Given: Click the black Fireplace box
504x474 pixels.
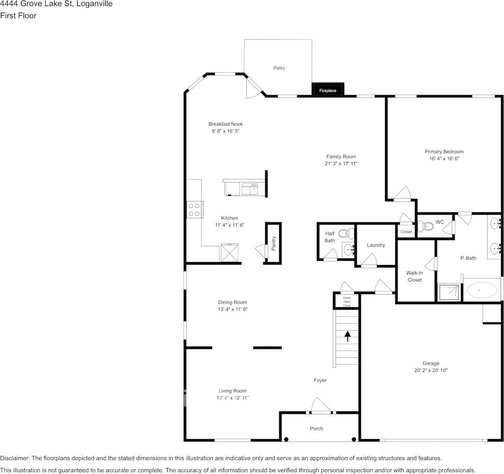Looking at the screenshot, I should pos(328,90).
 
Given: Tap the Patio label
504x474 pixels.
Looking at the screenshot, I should pos(279,68).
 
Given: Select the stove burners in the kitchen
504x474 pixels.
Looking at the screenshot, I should pos(194,209).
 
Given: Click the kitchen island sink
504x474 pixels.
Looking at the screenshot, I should pos(249,189).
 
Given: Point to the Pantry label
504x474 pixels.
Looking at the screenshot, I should pos(273,243).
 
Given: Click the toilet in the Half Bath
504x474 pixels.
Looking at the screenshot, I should pos(346,233).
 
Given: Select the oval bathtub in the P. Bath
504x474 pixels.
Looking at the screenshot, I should pos(482,290).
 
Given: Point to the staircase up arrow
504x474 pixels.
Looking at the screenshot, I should pos(347,336).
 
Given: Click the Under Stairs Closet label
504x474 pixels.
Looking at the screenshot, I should pos(346,301).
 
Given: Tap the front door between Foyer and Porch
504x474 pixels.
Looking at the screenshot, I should pos(321,406).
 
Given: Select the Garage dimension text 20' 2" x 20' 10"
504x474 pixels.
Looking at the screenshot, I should pos(430,371).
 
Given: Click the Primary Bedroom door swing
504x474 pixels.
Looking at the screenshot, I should pos(402,194).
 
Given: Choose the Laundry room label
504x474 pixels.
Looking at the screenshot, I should pos(375,245).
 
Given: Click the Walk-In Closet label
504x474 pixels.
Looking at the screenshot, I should pos(414,276).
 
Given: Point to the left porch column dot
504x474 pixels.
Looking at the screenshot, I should pos(286,439).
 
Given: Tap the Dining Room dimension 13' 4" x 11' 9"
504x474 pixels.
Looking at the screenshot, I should pos(233,310).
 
